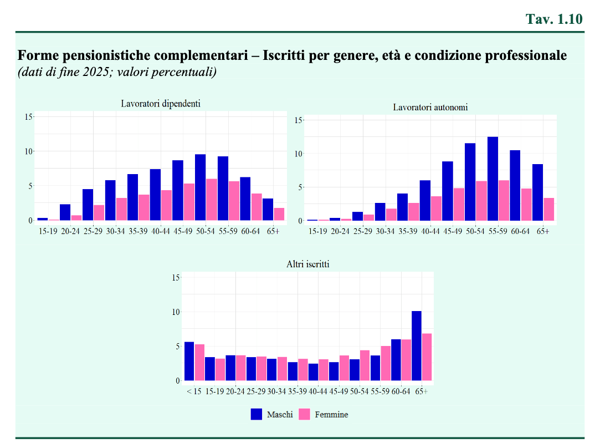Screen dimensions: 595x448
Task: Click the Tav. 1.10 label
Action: point(554,19)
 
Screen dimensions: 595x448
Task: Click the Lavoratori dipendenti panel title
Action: point(161,104)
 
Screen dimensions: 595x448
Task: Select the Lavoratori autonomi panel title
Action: point(430,108)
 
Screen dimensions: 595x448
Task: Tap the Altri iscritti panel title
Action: point(307,264)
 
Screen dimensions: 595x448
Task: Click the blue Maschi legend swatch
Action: point(256,414)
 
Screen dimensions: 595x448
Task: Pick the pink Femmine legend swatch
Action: point(304,414)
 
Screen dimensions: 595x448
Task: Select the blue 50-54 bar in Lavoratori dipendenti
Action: point(201,187)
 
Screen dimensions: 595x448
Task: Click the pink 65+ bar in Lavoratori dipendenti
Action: point(279,214)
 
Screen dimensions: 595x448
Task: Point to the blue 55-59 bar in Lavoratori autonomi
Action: point(493,179)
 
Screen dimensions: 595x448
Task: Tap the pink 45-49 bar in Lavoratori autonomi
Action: point(459,204)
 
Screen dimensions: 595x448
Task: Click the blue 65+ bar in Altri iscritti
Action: point(416,346)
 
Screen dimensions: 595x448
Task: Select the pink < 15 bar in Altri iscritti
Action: point(199,363)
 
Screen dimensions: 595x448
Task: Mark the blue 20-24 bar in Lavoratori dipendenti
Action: point(65,212)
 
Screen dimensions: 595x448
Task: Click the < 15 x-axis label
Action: point(194,391)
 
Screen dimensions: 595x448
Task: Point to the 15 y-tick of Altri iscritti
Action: point(176,278)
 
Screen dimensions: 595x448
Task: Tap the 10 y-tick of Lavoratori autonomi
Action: point(298,154)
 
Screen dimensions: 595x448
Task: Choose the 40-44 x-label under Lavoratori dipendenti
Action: point(161,231)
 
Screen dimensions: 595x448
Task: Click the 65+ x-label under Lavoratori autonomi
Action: point(543,231)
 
